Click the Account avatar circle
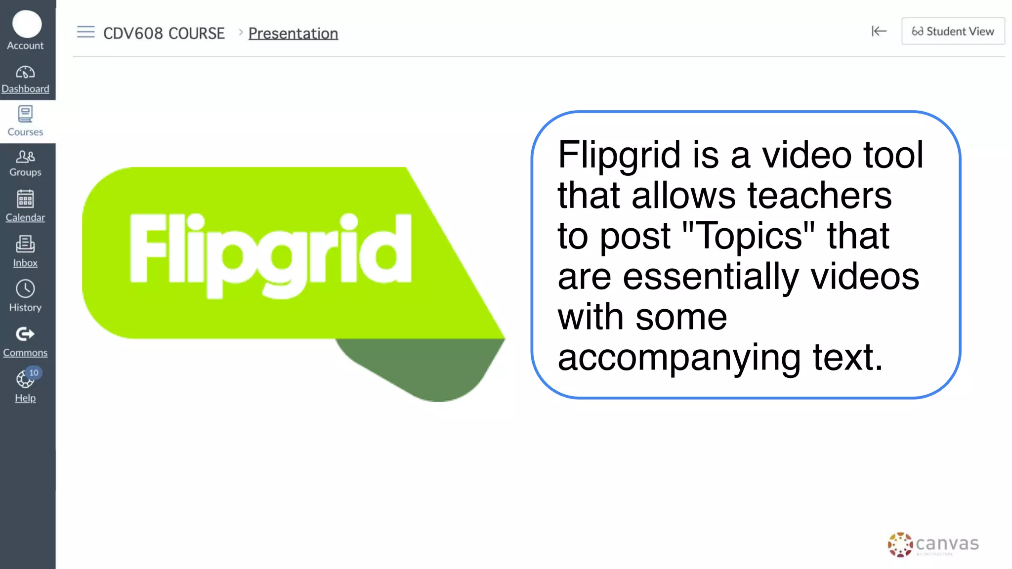click(27, 24)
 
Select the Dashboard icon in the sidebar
click(25, 73)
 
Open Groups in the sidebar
click(25, 163)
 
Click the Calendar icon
click(25, 199)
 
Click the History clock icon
click(25, 289)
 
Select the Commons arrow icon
click(25, 334)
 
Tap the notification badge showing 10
click(34, 373)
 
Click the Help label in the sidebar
click(25, 398)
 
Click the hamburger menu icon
click(85, 32)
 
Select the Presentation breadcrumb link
click(293, 34)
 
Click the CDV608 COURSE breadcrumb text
click(164, 34)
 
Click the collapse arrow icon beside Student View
click(879, 32)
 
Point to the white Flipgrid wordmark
click(270, 254)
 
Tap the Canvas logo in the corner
click(933, 544)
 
